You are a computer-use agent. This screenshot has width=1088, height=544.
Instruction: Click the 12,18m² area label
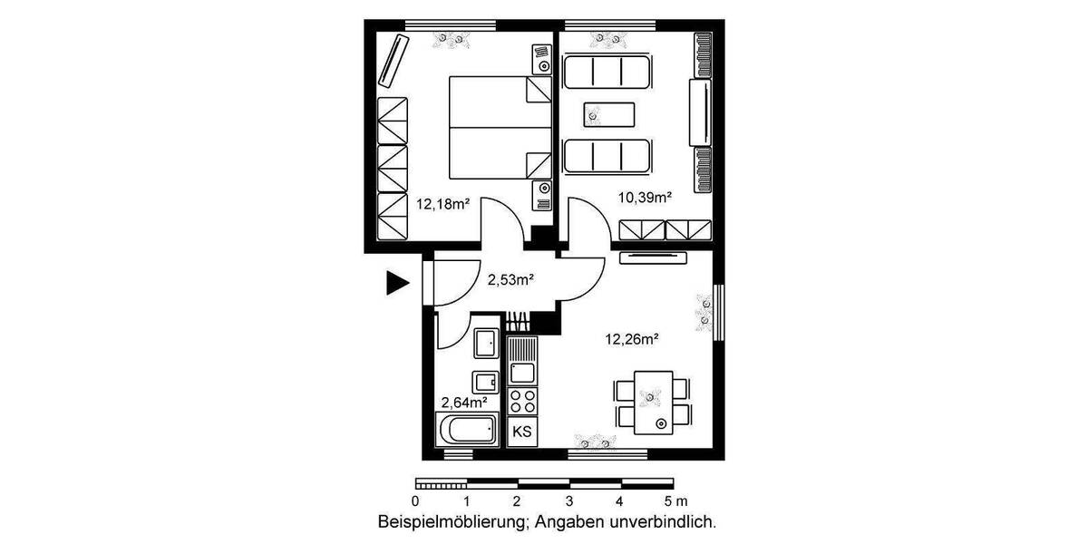[442, 204]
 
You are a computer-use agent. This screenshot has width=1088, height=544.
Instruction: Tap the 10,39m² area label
[644, 197]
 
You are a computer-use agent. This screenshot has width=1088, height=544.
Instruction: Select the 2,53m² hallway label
[510, 280]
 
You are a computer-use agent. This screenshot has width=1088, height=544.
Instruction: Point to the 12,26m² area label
[631, 340]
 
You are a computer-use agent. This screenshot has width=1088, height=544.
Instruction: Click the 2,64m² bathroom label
[464, 402]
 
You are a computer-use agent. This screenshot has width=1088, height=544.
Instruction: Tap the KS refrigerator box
[522, 432]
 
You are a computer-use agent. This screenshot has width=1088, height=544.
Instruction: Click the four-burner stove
[522, 399]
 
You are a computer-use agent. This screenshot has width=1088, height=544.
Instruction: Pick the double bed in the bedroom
[500, 127]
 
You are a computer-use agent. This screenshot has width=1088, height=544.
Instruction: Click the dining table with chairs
[654, 400]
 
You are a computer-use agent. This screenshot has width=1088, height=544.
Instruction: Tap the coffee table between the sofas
[608, 114]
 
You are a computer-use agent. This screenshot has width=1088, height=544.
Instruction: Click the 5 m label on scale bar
[675, 500]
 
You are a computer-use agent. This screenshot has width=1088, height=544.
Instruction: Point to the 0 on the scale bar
[415, 500]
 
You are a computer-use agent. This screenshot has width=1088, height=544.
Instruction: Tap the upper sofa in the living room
[607, 72]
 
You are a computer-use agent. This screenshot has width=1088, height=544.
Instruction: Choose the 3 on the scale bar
[568, 500]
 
